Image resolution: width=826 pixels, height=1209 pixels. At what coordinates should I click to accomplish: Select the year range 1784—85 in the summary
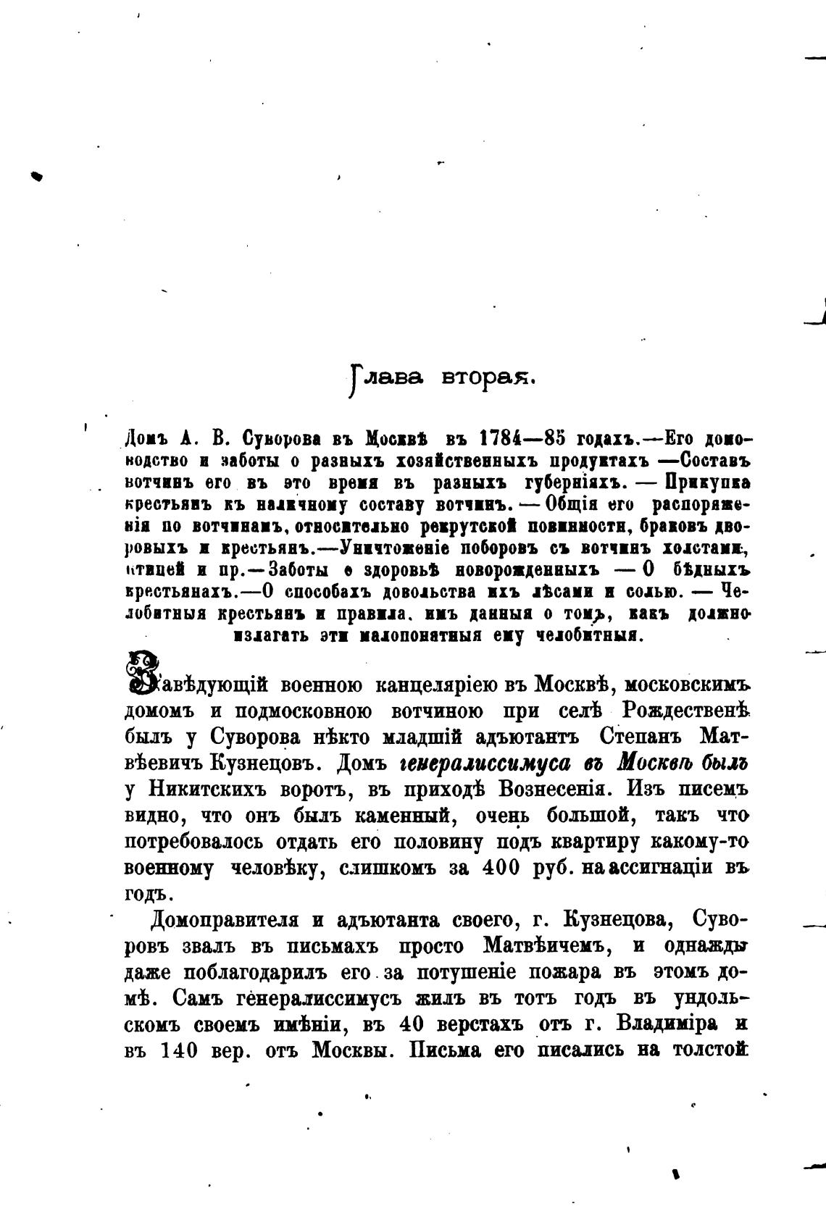coord(520,439)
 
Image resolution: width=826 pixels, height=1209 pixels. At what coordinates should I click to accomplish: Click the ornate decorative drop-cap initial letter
coord(143,670)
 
